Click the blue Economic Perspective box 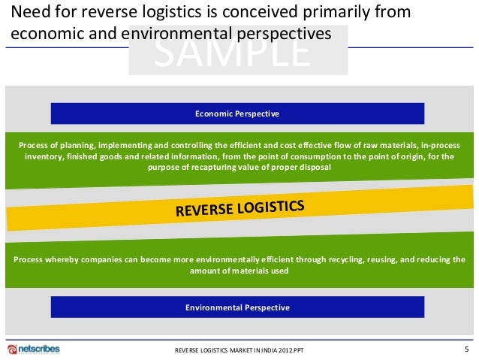pyautogui.click(x=237, y=113)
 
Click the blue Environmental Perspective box pyautogui.click(x=237, y=307)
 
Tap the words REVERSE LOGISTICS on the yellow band pyautogui.click(x=240, y=208)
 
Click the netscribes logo pyautogui.click(x=34, y=349)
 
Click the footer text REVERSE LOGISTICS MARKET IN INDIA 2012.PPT pyautogui.click(x=240, y=350)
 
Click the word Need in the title pyautogui.click(x=32, y=14)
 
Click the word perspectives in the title pyautogui.click(x=287, y=34)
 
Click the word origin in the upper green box pyautogui.click(x=397, y=156)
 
